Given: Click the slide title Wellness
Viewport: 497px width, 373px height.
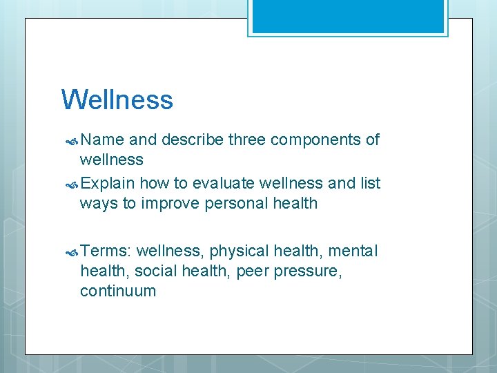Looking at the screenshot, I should coord(117,99).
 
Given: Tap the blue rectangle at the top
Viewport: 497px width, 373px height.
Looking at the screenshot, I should coord(348,16).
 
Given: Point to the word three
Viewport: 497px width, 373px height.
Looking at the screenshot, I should coord(247,140).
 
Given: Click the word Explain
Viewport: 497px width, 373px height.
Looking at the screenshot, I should coord(108,183).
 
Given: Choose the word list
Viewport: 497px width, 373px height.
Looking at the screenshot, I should coord(370,183).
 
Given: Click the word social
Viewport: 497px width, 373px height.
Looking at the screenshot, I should coord(156,271).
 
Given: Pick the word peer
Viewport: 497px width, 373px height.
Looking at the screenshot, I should coord(251,271).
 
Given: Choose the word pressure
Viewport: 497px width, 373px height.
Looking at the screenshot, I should coord(307,271).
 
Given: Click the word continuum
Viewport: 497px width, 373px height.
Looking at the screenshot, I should coord(118,291).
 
